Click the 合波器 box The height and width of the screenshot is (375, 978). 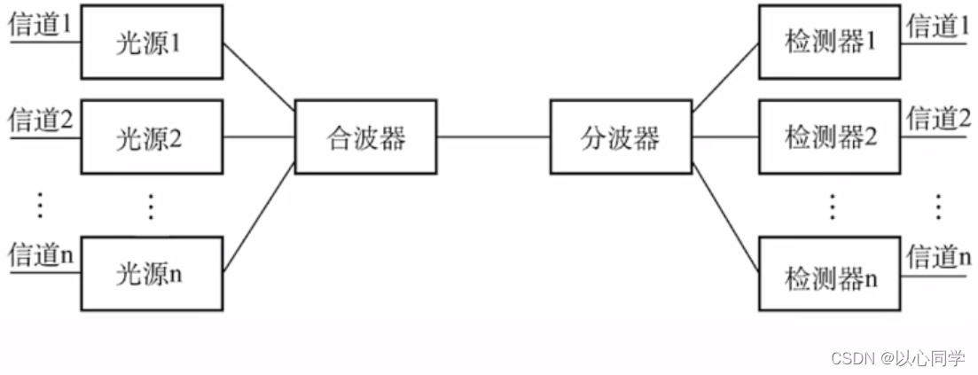(x=365, y=137)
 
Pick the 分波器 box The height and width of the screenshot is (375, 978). (x=621, y=137)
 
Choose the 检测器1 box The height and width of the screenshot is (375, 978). (x=830, y=41)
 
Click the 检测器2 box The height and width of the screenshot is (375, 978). (x=830, y=137)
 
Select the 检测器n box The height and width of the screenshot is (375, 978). (x=830, y=277)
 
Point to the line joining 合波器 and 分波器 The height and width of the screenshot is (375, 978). (x=492, y=137)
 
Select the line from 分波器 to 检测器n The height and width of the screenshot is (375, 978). (x=725, y=217)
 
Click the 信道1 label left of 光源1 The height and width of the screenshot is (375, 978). (x=39, y=26)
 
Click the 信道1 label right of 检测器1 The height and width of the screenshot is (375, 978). (x=937, y=26)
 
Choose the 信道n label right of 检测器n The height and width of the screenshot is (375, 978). (x=937, y=257)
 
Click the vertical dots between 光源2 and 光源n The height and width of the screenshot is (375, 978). (x=151, y=207)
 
